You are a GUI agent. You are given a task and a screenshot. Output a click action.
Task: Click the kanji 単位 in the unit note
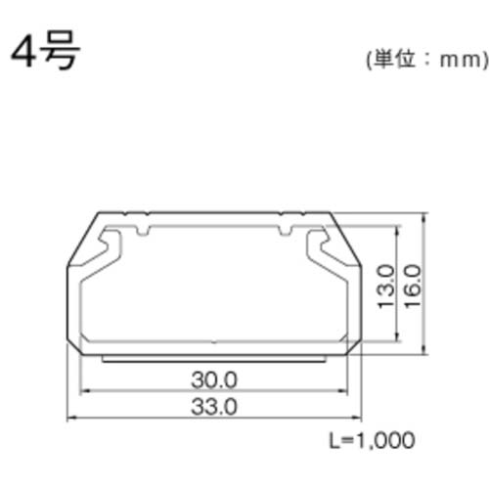coord(396,60)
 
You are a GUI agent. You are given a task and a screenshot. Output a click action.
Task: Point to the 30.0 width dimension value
coord(212,378)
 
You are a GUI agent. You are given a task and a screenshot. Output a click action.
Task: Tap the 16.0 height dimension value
coord(411,284)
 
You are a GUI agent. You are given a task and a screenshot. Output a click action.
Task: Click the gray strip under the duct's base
coord(212,357)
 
